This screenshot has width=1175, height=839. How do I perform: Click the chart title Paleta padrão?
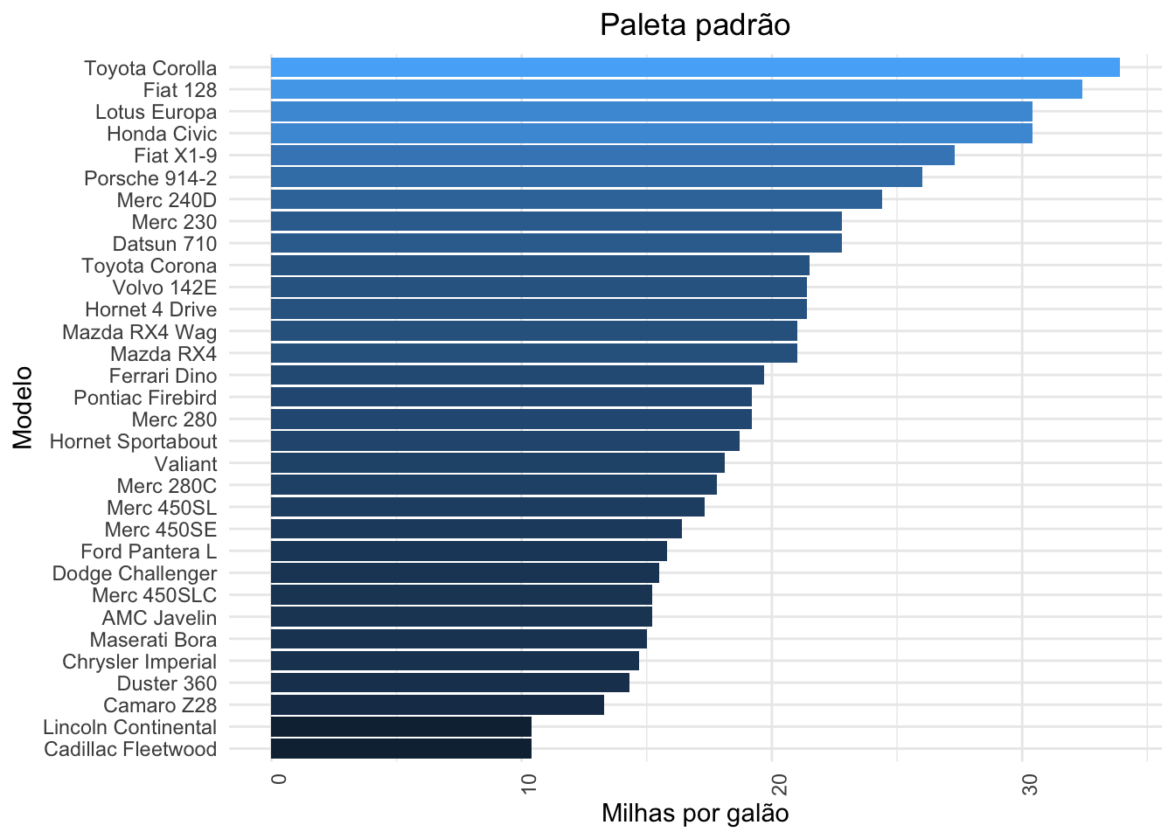point(695,25)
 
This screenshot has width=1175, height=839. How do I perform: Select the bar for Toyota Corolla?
point(695,67)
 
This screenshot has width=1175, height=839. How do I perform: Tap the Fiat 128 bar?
point(676,89)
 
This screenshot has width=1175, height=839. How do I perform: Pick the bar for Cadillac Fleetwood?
point(401,749)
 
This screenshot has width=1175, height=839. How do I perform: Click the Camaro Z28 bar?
point(437,705)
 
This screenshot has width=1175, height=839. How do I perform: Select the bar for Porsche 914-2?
point(596,177)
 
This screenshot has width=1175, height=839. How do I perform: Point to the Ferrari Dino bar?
point(518,376)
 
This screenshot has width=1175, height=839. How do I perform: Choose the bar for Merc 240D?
point(576,199)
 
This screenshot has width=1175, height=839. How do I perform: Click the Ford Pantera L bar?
point(469,551)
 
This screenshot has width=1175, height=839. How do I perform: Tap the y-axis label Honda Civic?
point(162,134)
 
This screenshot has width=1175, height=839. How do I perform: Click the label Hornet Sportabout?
point(133,441)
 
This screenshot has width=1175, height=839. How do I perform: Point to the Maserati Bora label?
point(153,640)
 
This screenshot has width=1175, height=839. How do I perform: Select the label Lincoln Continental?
point(129,727)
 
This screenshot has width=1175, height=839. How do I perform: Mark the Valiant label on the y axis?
point(185,464)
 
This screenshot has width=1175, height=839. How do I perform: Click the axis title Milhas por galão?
point(695,814)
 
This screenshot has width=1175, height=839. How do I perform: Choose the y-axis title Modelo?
point(23,408)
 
